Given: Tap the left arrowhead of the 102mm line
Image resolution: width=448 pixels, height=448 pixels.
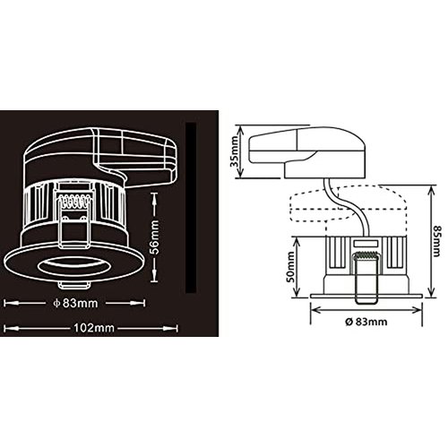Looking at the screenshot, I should coord(6,327).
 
